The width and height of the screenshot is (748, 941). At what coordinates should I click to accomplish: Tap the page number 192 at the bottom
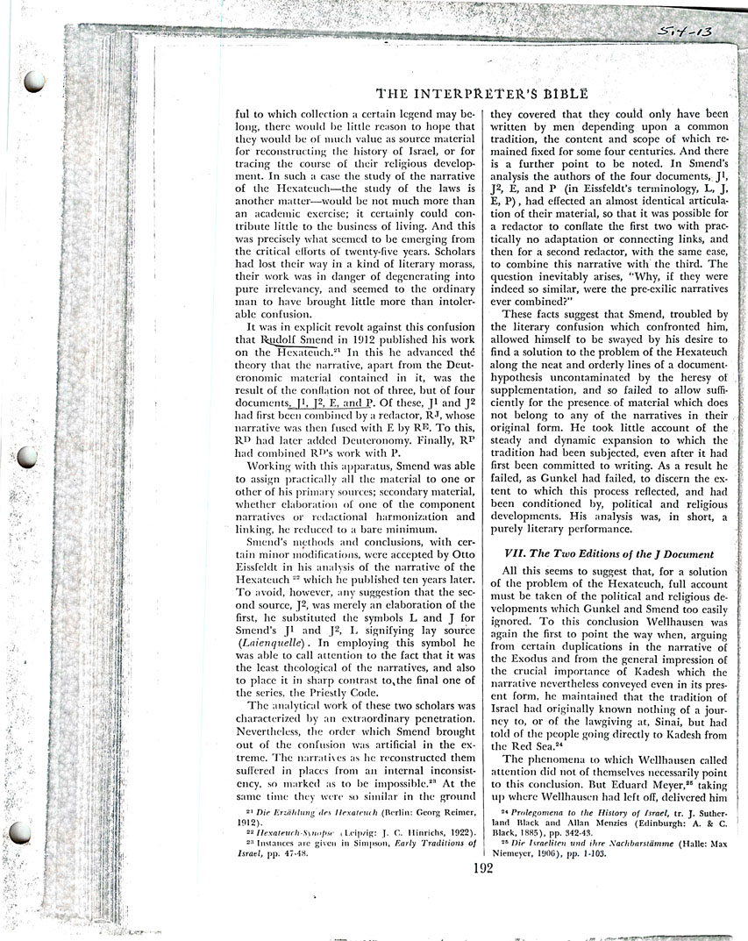[482, 868]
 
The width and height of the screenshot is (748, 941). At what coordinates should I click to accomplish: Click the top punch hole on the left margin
[35, 82]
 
